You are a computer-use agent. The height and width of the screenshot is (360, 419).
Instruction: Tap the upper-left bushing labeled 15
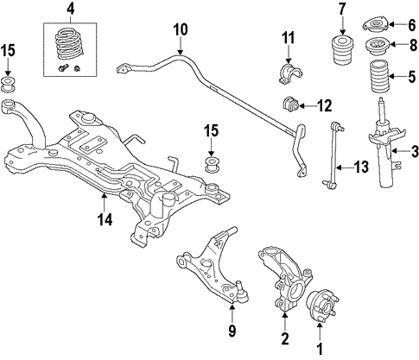9,85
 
